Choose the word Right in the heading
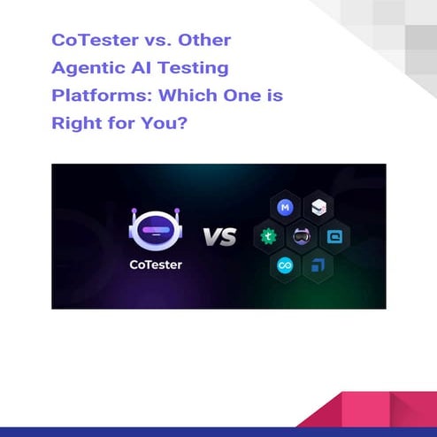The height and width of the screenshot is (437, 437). tap(73, 122)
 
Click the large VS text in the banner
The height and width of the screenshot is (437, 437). tap(218, 237)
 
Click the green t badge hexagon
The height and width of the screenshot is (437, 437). tap(268, 236)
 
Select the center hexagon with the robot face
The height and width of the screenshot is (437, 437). tap(301, 236)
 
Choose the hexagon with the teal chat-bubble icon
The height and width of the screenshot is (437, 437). tap(334, 236)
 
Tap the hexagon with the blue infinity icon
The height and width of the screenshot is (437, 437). tap(285, 264)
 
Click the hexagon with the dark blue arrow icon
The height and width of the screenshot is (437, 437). tap(318, 264)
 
